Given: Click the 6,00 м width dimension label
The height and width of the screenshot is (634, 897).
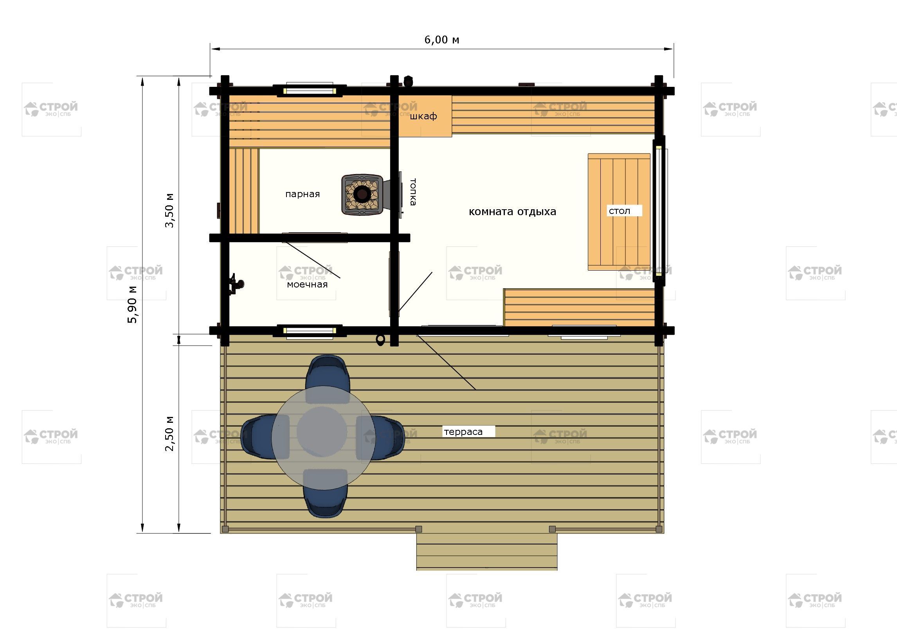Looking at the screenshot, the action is point(441,40).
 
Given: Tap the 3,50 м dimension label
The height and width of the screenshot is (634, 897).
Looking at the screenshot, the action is point(169,210).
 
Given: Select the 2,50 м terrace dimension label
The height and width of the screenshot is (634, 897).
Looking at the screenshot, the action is point(169,433).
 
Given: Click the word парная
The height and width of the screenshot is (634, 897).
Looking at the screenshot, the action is point(303,194).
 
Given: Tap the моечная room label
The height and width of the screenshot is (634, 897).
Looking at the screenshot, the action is point(307,284).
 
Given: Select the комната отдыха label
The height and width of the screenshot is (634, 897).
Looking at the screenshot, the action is point(512,212).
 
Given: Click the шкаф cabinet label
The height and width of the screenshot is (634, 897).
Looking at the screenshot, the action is point(423,116).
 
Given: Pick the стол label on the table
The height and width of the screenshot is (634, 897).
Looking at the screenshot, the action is point(620,211).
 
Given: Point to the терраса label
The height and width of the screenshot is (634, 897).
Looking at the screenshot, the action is point(463,432).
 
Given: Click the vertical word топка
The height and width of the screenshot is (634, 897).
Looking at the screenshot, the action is point(412,192).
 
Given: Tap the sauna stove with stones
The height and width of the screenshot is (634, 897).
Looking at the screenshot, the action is point(362,194).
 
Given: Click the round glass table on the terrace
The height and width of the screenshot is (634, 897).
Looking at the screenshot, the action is point(322,432).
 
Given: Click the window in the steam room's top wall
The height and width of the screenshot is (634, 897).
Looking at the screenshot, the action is point(310,90).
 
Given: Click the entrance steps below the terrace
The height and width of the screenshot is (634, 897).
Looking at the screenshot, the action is point(486,551).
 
